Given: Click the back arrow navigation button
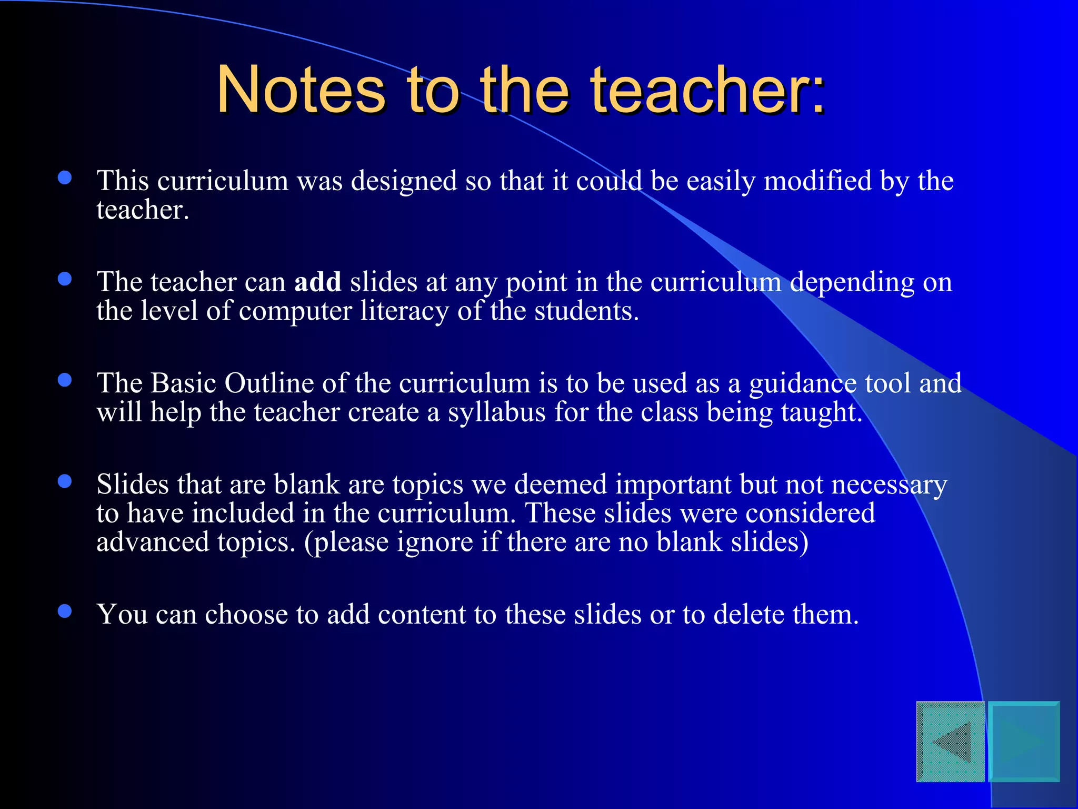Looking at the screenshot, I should tap(951, 742).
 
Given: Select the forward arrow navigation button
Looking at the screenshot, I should tap(1024, 742).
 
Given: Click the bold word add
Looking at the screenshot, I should tap(317, 282).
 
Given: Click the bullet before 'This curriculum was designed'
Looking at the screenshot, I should tap(65, 177).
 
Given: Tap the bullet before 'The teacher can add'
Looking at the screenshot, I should tap(65, 279).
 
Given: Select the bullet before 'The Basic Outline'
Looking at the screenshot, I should tap(65, 380).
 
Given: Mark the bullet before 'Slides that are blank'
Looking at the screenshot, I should tap(65, 481).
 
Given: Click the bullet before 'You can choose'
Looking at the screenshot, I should tap(65, 611).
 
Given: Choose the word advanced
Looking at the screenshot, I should tap(153, 542).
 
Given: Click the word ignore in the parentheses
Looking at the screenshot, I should tap(435, 542).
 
